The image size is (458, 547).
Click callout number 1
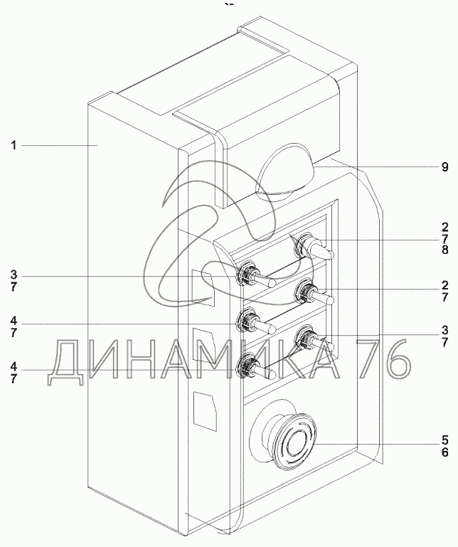(14, 145)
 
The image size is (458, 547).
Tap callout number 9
(444, 167)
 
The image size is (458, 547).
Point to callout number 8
(444, 250)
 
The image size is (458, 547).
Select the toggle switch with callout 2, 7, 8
(314, 248)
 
